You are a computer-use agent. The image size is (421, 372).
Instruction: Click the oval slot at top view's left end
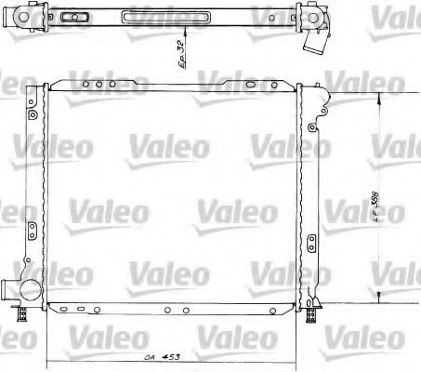pos(71,16)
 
